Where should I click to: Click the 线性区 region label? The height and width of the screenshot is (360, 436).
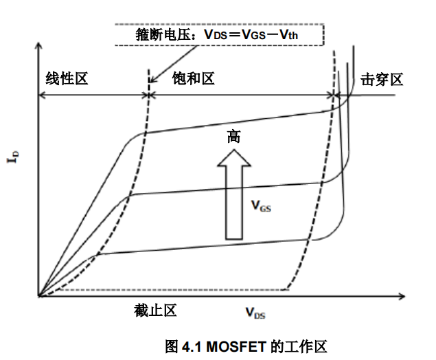(67, 79)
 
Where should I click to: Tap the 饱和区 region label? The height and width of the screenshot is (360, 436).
(194, 79)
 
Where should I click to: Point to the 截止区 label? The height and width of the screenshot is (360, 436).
(156, 311)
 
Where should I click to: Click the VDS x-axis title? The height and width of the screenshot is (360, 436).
(255, 313)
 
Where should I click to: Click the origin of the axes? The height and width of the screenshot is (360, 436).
(38, 296)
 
